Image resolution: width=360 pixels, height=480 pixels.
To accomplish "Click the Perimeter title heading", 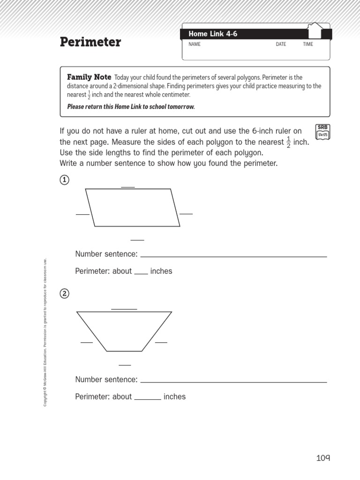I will [90, 43].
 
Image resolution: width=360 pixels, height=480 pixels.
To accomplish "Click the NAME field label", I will [194, 45].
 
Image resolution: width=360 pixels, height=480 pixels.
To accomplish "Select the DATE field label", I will [281, 45].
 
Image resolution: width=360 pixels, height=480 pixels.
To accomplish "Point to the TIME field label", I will [308, 45].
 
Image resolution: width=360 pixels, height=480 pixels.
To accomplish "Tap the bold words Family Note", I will [90, 77].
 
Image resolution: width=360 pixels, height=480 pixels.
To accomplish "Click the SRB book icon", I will [323, 132].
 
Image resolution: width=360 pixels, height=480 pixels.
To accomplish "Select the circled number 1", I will [65, 180].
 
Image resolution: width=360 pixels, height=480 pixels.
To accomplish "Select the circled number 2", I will [65, 294].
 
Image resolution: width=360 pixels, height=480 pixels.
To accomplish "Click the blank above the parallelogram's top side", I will [128, 187].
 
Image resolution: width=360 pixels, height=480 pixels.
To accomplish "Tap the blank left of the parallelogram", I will [82, 214].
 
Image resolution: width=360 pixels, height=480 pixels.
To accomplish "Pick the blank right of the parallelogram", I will [186, 213].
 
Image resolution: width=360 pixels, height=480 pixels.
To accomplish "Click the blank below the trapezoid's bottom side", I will [125, 364].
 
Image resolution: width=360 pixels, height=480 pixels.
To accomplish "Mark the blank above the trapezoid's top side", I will [124, 308].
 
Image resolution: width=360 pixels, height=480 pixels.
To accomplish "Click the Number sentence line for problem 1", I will [233, 256].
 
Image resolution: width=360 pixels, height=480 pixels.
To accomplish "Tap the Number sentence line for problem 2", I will [233, 382].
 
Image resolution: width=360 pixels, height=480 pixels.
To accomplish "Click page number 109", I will [323, 458].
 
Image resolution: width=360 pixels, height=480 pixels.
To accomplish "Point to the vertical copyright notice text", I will [45, 333].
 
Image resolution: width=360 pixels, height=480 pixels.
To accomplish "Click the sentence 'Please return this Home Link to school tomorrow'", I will [131, 107].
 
